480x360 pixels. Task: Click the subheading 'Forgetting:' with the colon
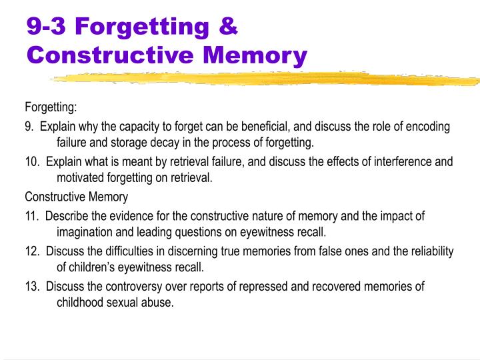[x=51, y=107]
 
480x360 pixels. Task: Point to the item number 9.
[x=29, y=126]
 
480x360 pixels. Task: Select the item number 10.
[x=31, y=161]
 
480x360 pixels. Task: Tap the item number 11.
[x=31, y=216]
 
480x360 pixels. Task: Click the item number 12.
[x=31, y=251]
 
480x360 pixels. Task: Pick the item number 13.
[x=31, y=287]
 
